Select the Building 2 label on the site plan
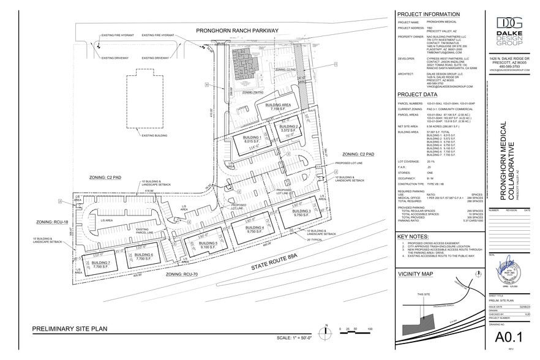[288, 129]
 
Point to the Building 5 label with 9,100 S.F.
[208, 246]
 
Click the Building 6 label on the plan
[143, 257]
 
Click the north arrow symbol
[328, 329]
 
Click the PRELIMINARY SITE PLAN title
[70, 329]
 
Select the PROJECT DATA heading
[418, 95]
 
